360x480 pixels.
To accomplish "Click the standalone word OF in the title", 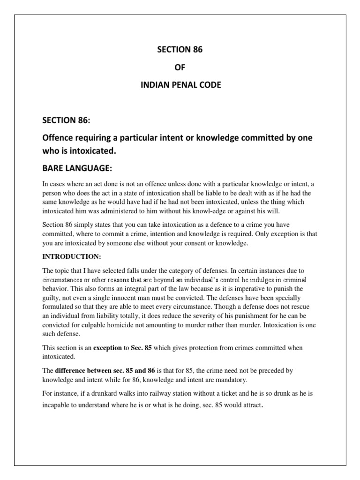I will [180, 68].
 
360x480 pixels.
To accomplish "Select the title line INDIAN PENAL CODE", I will [180, 86].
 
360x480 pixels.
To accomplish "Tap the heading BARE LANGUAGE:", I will [78, 168].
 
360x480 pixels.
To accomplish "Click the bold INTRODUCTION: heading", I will [71, 257].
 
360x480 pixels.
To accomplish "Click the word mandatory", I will [230, 379].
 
